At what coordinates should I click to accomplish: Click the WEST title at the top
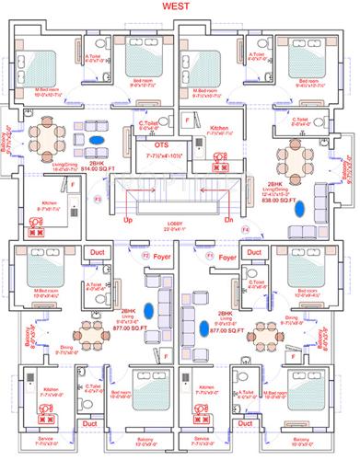(x=180, y=6)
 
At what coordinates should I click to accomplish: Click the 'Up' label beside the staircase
(x=129, y=222)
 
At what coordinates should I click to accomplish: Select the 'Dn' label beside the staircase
(x=228, y=222)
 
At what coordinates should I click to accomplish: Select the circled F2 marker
(x=145, y=254)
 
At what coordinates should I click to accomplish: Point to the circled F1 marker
(x=211, y=254)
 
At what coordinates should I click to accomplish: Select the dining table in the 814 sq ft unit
(x=45, y=140)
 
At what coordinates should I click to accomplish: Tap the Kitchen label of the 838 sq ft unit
(x=219, y=127)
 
